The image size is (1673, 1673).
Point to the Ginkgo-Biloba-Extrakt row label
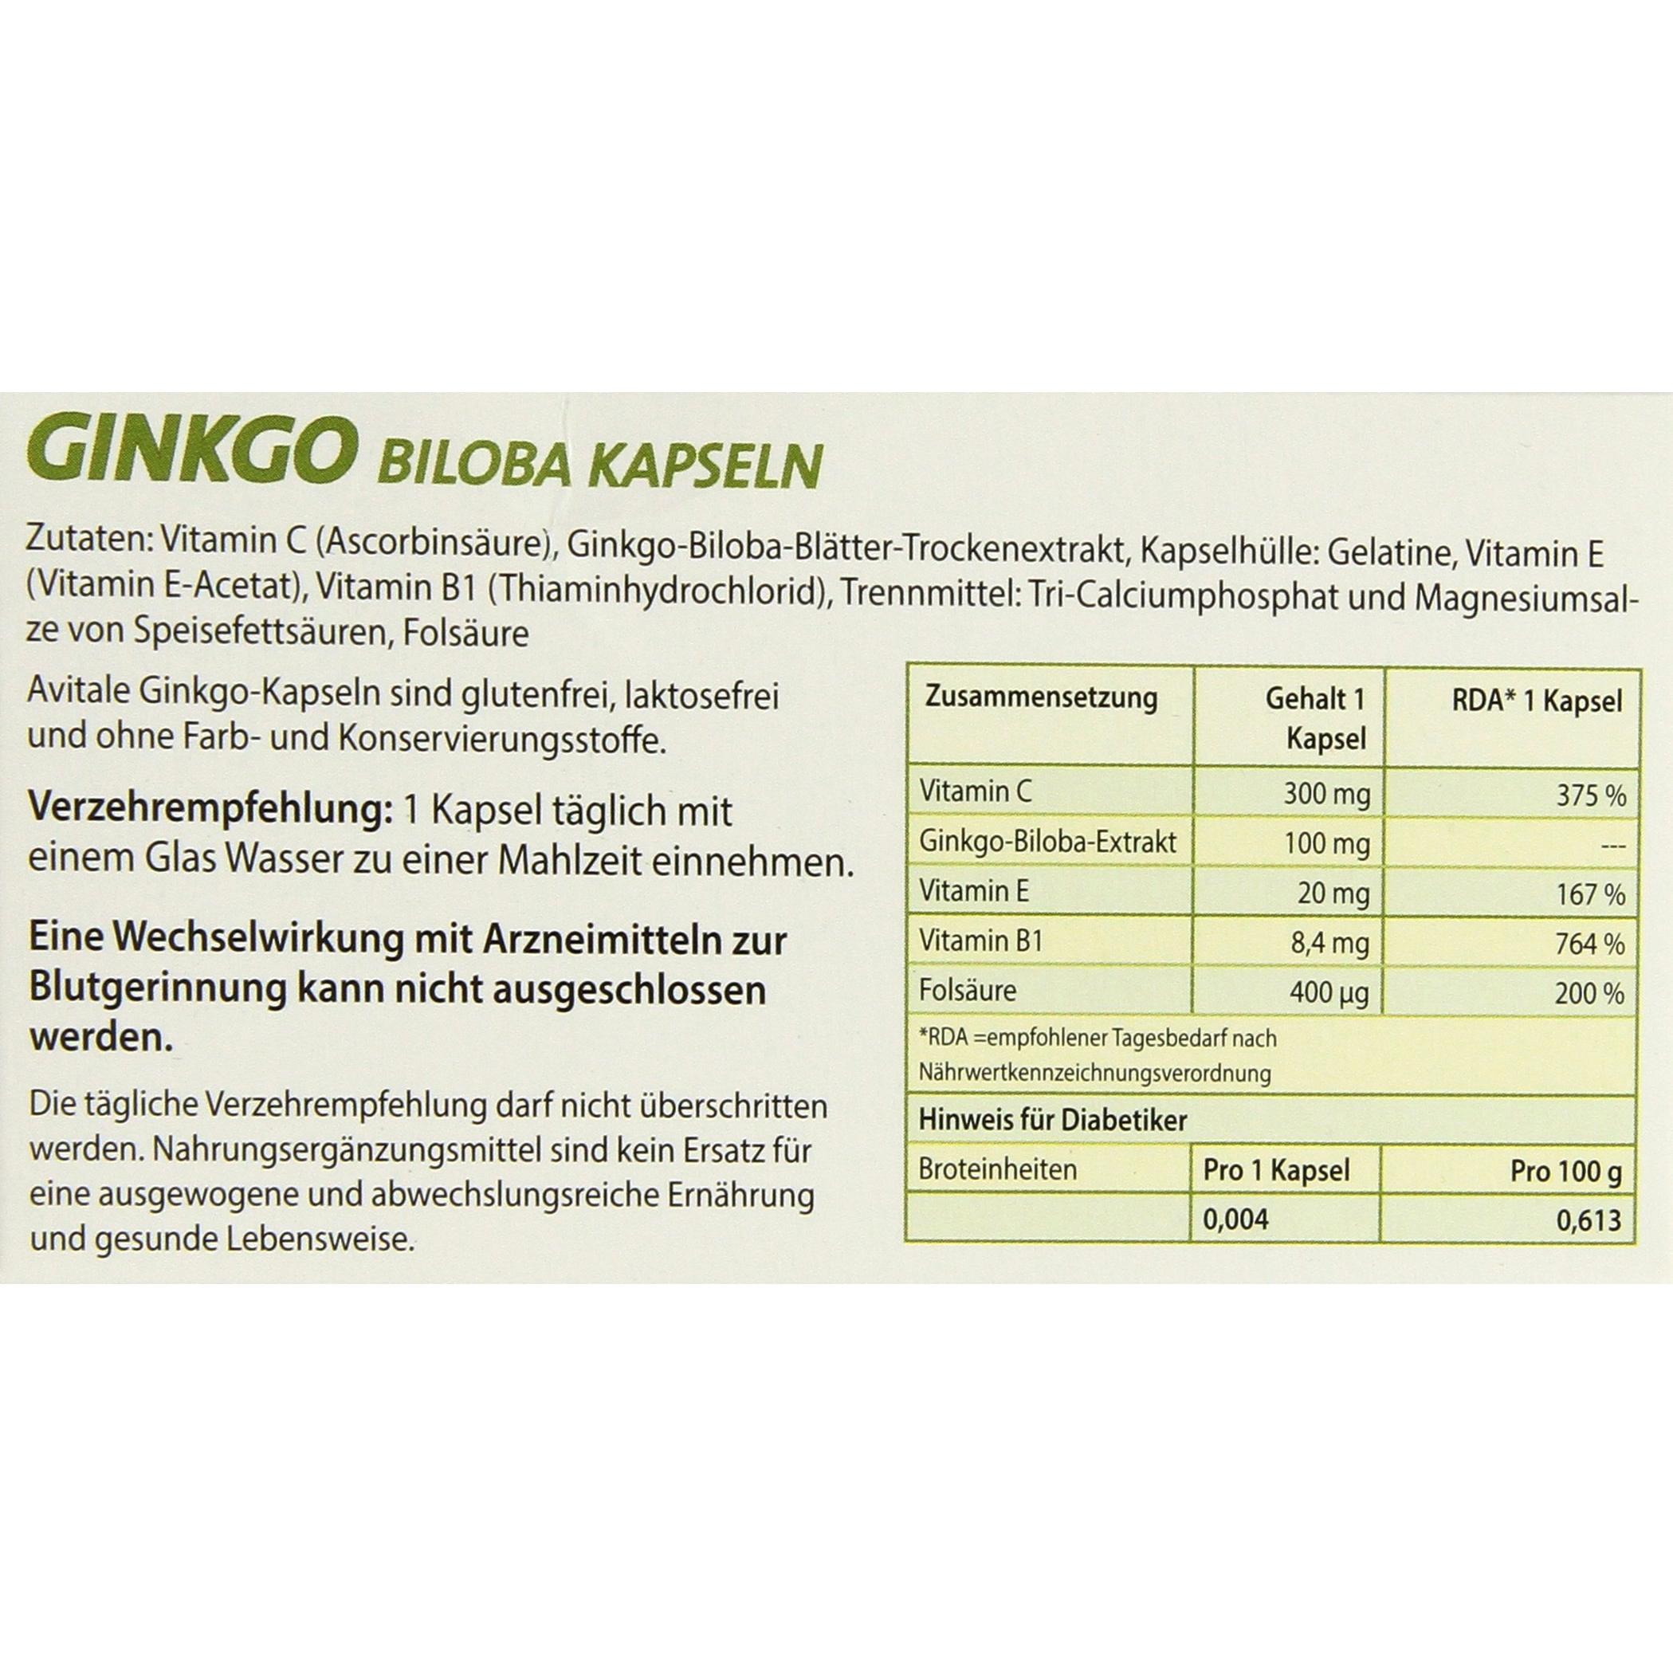pos(1048,842)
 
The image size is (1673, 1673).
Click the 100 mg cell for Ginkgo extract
pos(1326,844)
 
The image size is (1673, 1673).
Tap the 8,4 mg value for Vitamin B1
pos(1329,944)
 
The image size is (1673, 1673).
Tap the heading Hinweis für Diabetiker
pos(1052,1121)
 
